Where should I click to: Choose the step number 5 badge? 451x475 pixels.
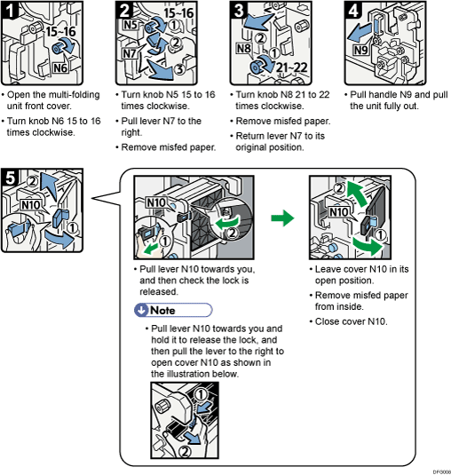(x=11, y=176)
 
